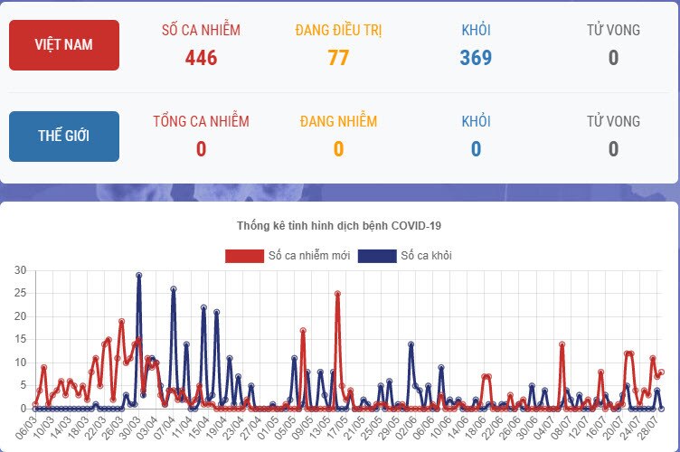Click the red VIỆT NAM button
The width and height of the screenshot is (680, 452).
63,44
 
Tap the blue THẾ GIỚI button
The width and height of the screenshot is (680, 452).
63,137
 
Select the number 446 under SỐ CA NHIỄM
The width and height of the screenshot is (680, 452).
201,58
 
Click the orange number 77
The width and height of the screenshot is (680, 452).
338,58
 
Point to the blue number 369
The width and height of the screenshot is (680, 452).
476,58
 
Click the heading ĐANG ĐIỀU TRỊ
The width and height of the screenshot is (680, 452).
338,31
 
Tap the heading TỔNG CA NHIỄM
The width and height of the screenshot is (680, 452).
201,121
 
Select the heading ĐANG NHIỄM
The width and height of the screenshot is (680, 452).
338,121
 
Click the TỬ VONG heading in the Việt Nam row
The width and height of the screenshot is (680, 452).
613,31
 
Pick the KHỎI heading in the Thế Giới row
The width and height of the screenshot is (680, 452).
476,121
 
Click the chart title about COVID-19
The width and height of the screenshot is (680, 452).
339,225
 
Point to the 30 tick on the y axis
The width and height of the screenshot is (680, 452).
20,270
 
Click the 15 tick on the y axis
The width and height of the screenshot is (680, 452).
20,340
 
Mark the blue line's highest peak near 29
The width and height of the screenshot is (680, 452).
138,275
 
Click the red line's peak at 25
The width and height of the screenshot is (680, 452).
337,293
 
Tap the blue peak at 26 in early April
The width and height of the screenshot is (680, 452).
173,289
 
